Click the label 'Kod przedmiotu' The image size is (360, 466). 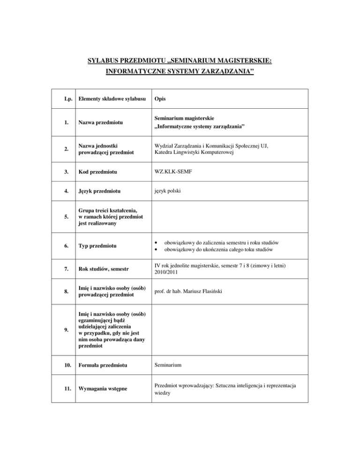point(100,172)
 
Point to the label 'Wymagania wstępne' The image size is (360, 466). point(107,389)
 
